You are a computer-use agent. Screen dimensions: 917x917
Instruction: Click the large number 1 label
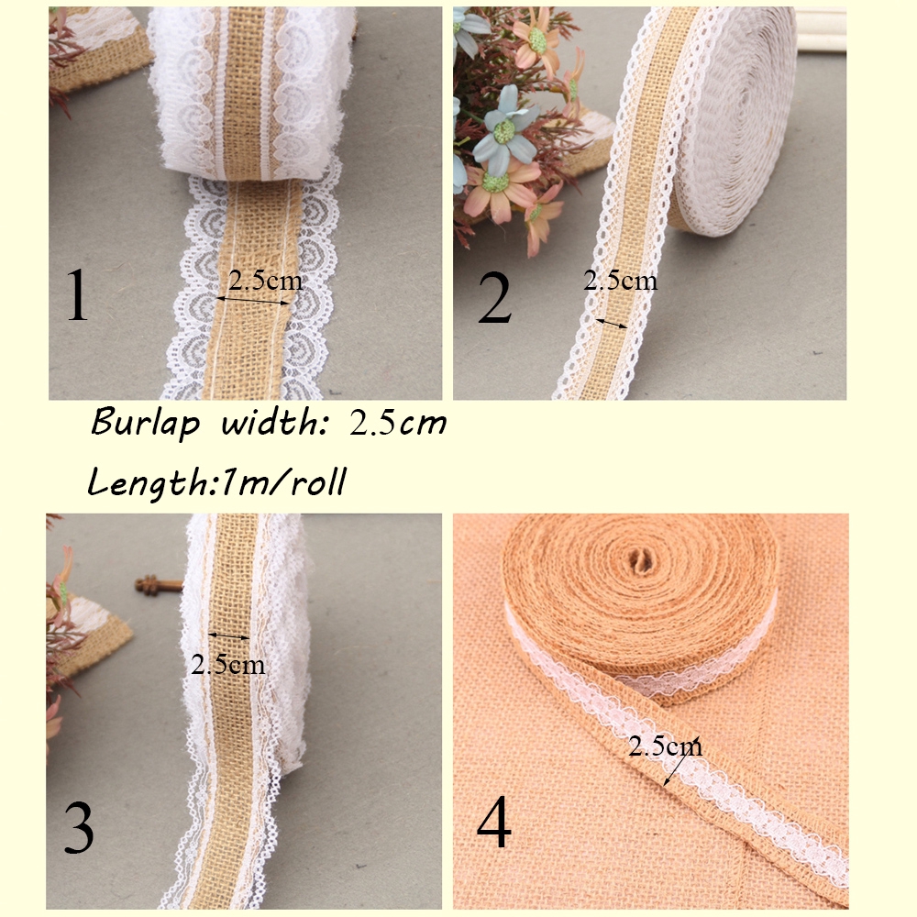(x=78, y=296)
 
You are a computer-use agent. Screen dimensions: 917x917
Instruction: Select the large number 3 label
(x=78, y=828)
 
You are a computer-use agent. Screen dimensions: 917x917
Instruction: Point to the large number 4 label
(x=493, y=823)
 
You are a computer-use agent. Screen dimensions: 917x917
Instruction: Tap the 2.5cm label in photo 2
(x=620, y=281)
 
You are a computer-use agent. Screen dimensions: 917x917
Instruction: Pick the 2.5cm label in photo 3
(x=227, y=664)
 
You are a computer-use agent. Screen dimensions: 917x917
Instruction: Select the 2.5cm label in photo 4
(x=666, y=746)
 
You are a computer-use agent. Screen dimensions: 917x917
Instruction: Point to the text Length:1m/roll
(x=216, y=481)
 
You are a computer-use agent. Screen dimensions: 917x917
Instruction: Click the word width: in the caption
(x=273, y=424)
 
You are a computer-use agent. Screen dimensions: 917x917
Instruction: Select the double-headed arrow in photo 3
(x=229, y=635)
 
